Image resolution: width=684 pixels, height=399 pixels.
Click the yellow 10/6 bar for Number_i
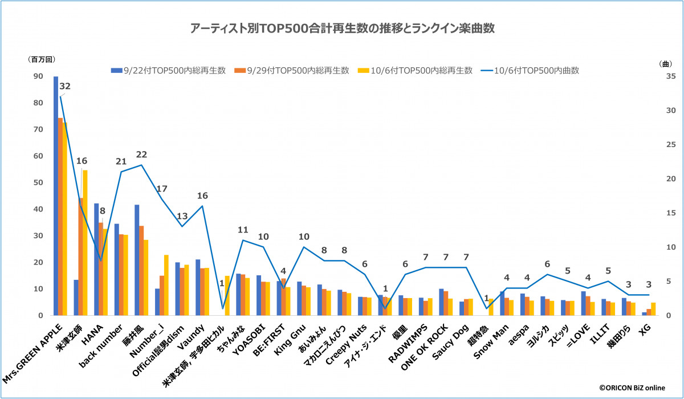click(166, 285)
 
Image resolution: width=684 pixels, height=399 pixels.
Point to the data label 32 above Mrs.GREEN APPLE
click(65, 87)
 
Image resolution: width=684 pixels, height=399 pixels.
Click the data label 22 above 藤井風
click(142, 154)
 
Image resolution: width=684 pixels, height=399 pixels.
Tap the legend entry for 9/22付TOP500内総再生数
click(169, 71)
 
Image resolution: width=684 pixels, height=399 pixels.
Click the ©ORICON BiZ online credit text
click(632, 388)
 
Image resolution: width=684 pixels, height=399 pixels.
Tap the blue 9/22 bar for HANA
click(96, 259)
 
